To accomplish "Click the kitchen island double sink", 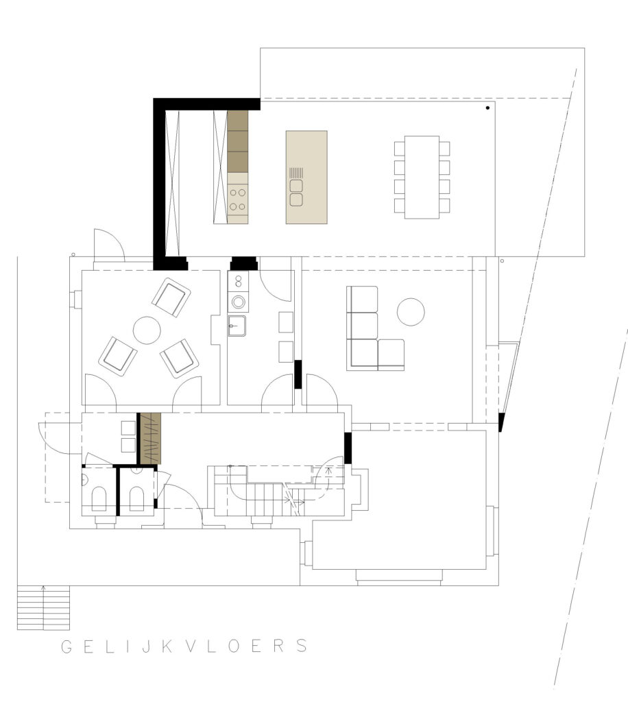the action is click(296, 193).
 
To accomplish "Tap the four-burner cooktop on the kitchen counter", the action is click(238, 199).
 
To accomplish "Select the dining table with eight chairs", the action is click(422, 178).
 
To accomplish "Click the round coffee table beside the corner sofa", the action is click(411, 312).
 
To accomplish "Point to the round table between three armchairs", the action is click(147, 330).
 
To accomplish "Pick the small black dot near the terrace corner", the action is click(487, 108).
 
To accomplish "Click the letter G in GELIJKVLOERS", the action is click(67, 646).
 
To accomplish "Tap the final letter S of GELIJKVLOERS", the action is click(302, 646).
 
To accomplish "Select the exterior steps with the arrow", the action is click(43, 607).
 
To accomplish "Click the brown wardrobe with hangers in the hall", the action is click(150, 438).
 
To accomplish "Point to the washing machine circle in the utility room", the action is click(238, 302).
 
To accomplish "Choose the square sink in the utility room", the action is click(237, 326).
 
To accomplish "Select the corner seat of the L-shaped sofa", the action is click(362, 354).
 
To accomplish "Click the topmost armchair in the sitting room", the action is click(171, 298).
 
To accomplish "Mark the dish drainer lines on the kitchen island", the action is click(296, 173).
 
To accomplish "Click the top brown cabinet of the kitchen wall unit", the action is click(238, 121).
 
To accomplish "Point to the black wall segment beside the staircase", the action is click(348, 448).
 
